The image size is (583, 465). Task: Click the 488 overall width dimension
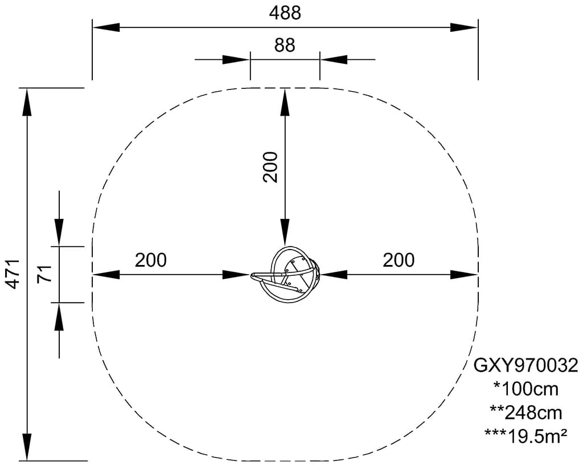coord(285,13)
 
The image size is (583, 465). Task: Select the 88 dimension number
coord(285,45)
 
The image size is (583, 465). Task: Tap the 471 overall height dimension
coord(14,274)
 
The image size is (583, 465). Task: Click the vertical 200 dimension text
coord(270,167)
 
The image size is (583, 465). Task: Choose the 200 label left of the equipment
coord(150,260)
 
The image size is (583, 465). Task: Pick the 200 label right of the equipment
coord(399,260)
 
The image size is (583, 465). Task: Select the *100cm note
coord(525,389)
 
